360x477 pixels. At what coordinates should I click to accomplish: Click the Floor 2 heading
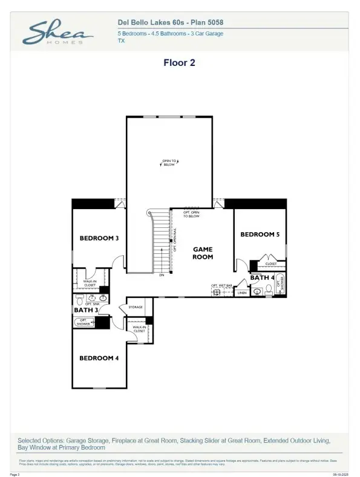(x=179, y=62)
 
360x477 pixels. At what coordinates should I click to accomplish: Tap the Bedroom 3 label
(x=99, y=238)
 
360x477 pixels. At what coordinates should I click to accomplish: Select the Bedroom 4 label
(x=99, y=358)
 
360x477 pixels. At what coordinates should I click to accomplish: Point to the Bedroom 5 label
(x=260, y=235)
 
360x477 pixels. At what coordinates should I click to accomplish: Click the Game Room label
(x=203, y=253)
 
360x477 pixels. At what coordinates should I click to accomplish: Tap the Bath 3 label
(x=85, y=310)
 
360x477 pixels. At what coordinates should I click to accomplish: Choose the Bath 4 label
(x=262, y=278)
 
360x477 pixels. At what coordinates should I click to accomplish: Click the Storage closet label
(x=136, y=307)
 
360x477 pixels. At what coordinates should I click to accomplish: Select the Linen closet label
(x=242, y=293)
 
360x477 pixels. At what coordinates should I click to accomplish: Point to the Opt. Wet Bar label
(x=221, y=285)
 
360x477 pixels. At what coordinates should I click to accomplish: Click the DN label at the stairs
(x=162, y=276)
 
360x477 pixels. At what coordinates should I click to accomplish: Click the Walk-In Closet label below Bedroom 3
(x=90, y=283)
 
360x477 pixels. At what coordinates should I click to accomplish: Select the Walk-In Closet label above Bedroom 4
(x=139, y=329)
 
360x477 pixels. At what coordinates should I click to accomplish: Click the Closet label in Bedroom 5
(x=271, y=264)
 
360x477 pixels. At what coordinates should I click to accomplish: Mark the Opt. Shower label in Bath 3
(x=83, y=323)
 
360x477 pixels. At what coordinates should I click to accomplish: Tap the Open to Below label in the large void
(x=169, y=162)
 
